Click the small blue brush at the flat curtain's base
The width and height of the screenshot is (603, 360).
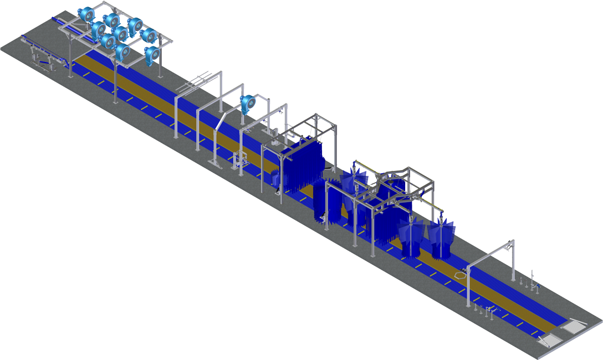[275, 178]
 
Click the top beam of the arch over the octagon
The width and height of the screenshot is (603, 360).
[490, 253]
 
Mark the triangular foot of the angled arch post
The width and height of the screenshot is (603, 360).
[213, 161]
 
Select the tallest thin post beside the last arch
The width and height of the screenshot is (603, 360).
[532, 280]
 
